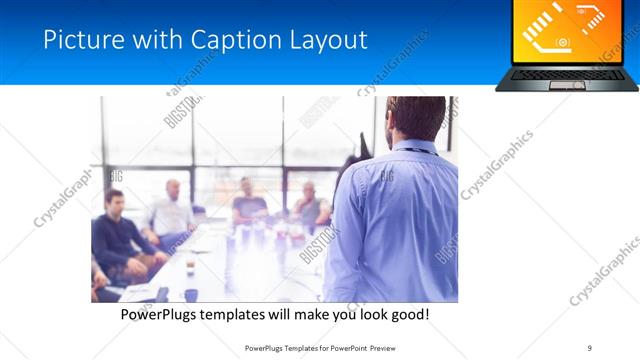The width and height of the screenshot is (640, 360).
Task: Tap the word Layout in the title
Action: (325, 40)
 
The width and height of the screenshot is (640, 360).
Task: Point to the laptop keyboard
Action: (567, 73)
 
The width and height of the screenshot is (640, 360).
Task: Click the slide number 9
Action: (590, 348)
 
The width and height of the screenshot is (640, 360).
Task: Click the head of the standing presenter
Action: (414, 118)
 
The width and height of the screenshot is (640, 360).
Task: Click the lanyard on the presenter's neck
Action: (413, 152)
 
